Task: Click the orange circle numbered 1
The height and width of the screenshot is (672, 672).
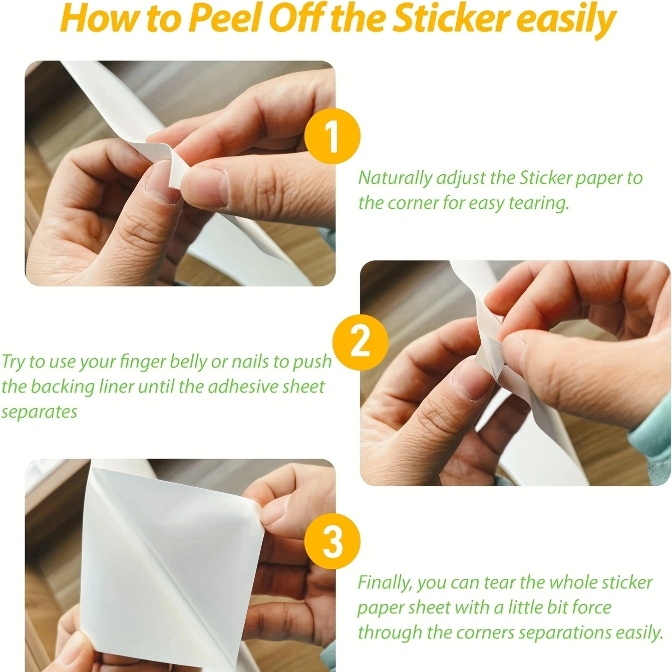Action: click(332, 136)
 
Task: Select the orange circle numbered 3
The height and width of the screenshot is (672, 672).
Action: click(332, 542)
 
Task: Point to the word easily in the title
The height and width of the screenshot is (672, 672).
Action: click(566, 19)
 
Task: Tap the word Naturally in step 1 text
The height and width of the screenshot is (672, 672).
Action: click(395, 178)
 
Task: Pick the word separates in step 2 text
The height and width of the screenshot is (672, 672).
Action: click(39, 412)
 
